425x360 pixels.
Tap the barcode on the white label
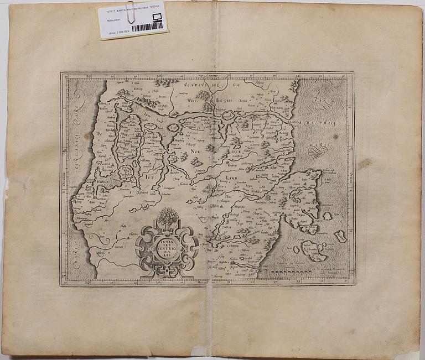tap(147, 27)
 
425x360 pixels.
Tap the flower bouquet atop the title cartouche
tap(167, 217)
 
